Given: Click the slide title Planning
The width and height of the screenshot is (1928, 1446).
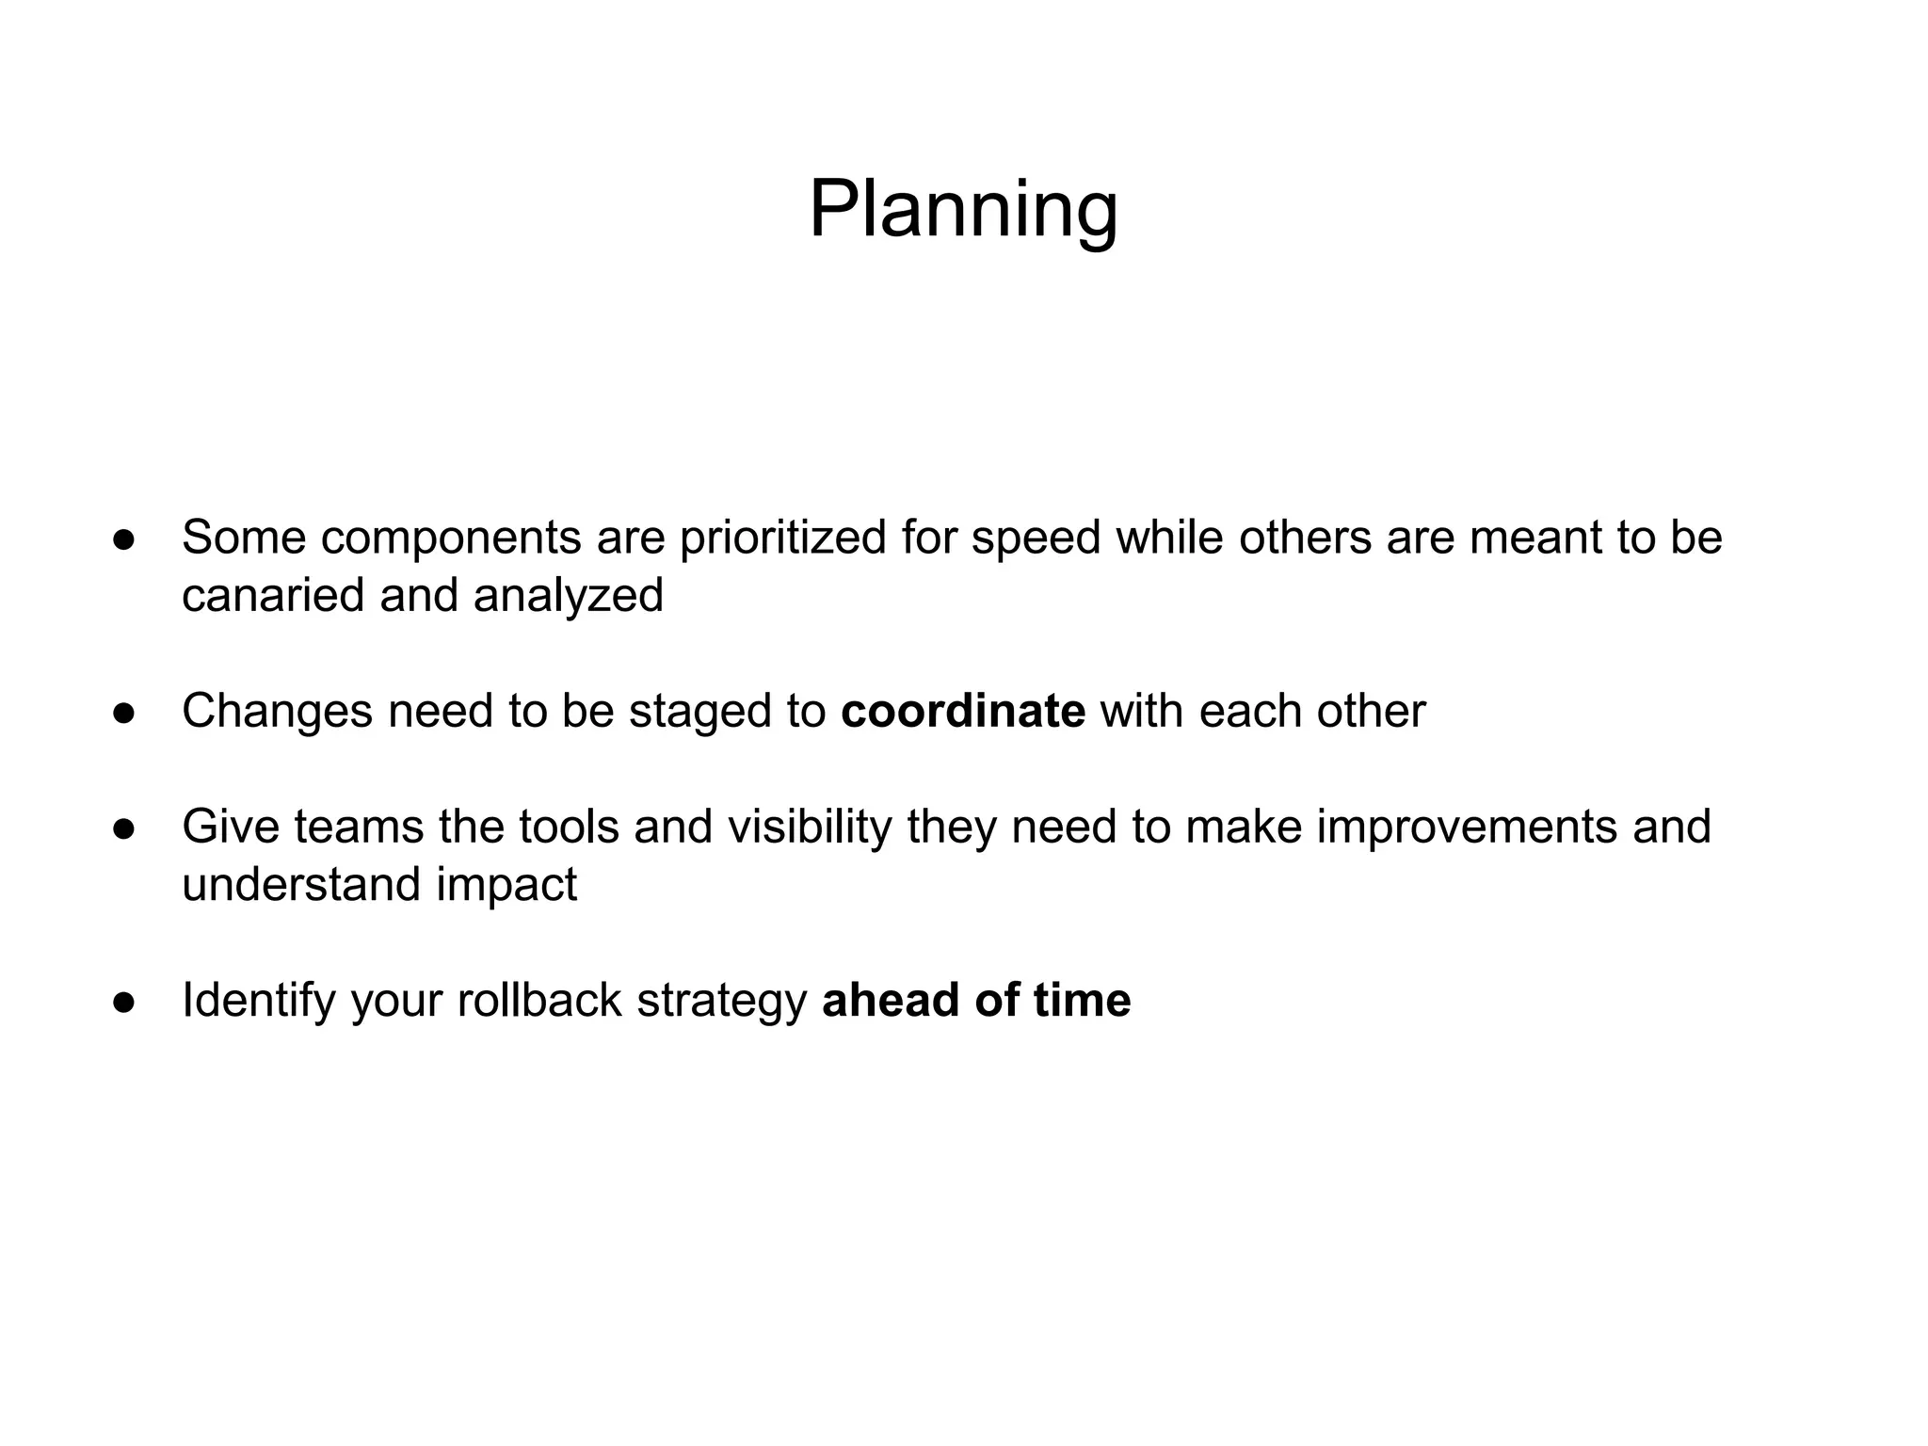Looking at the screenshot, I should pyautogui.click(x=963, y=209).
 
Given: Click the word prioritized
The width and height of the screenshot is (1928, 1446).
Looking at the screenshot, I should pyautogui.click(x=782, y=538).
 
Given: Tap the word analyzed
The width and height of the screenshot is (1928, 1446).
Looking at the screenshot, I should pyautogui.click(x=569, y=596).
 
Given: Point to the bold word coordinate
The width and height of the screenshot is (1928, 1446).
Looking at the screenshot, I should pyautogui.click(x=962, y=711).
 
